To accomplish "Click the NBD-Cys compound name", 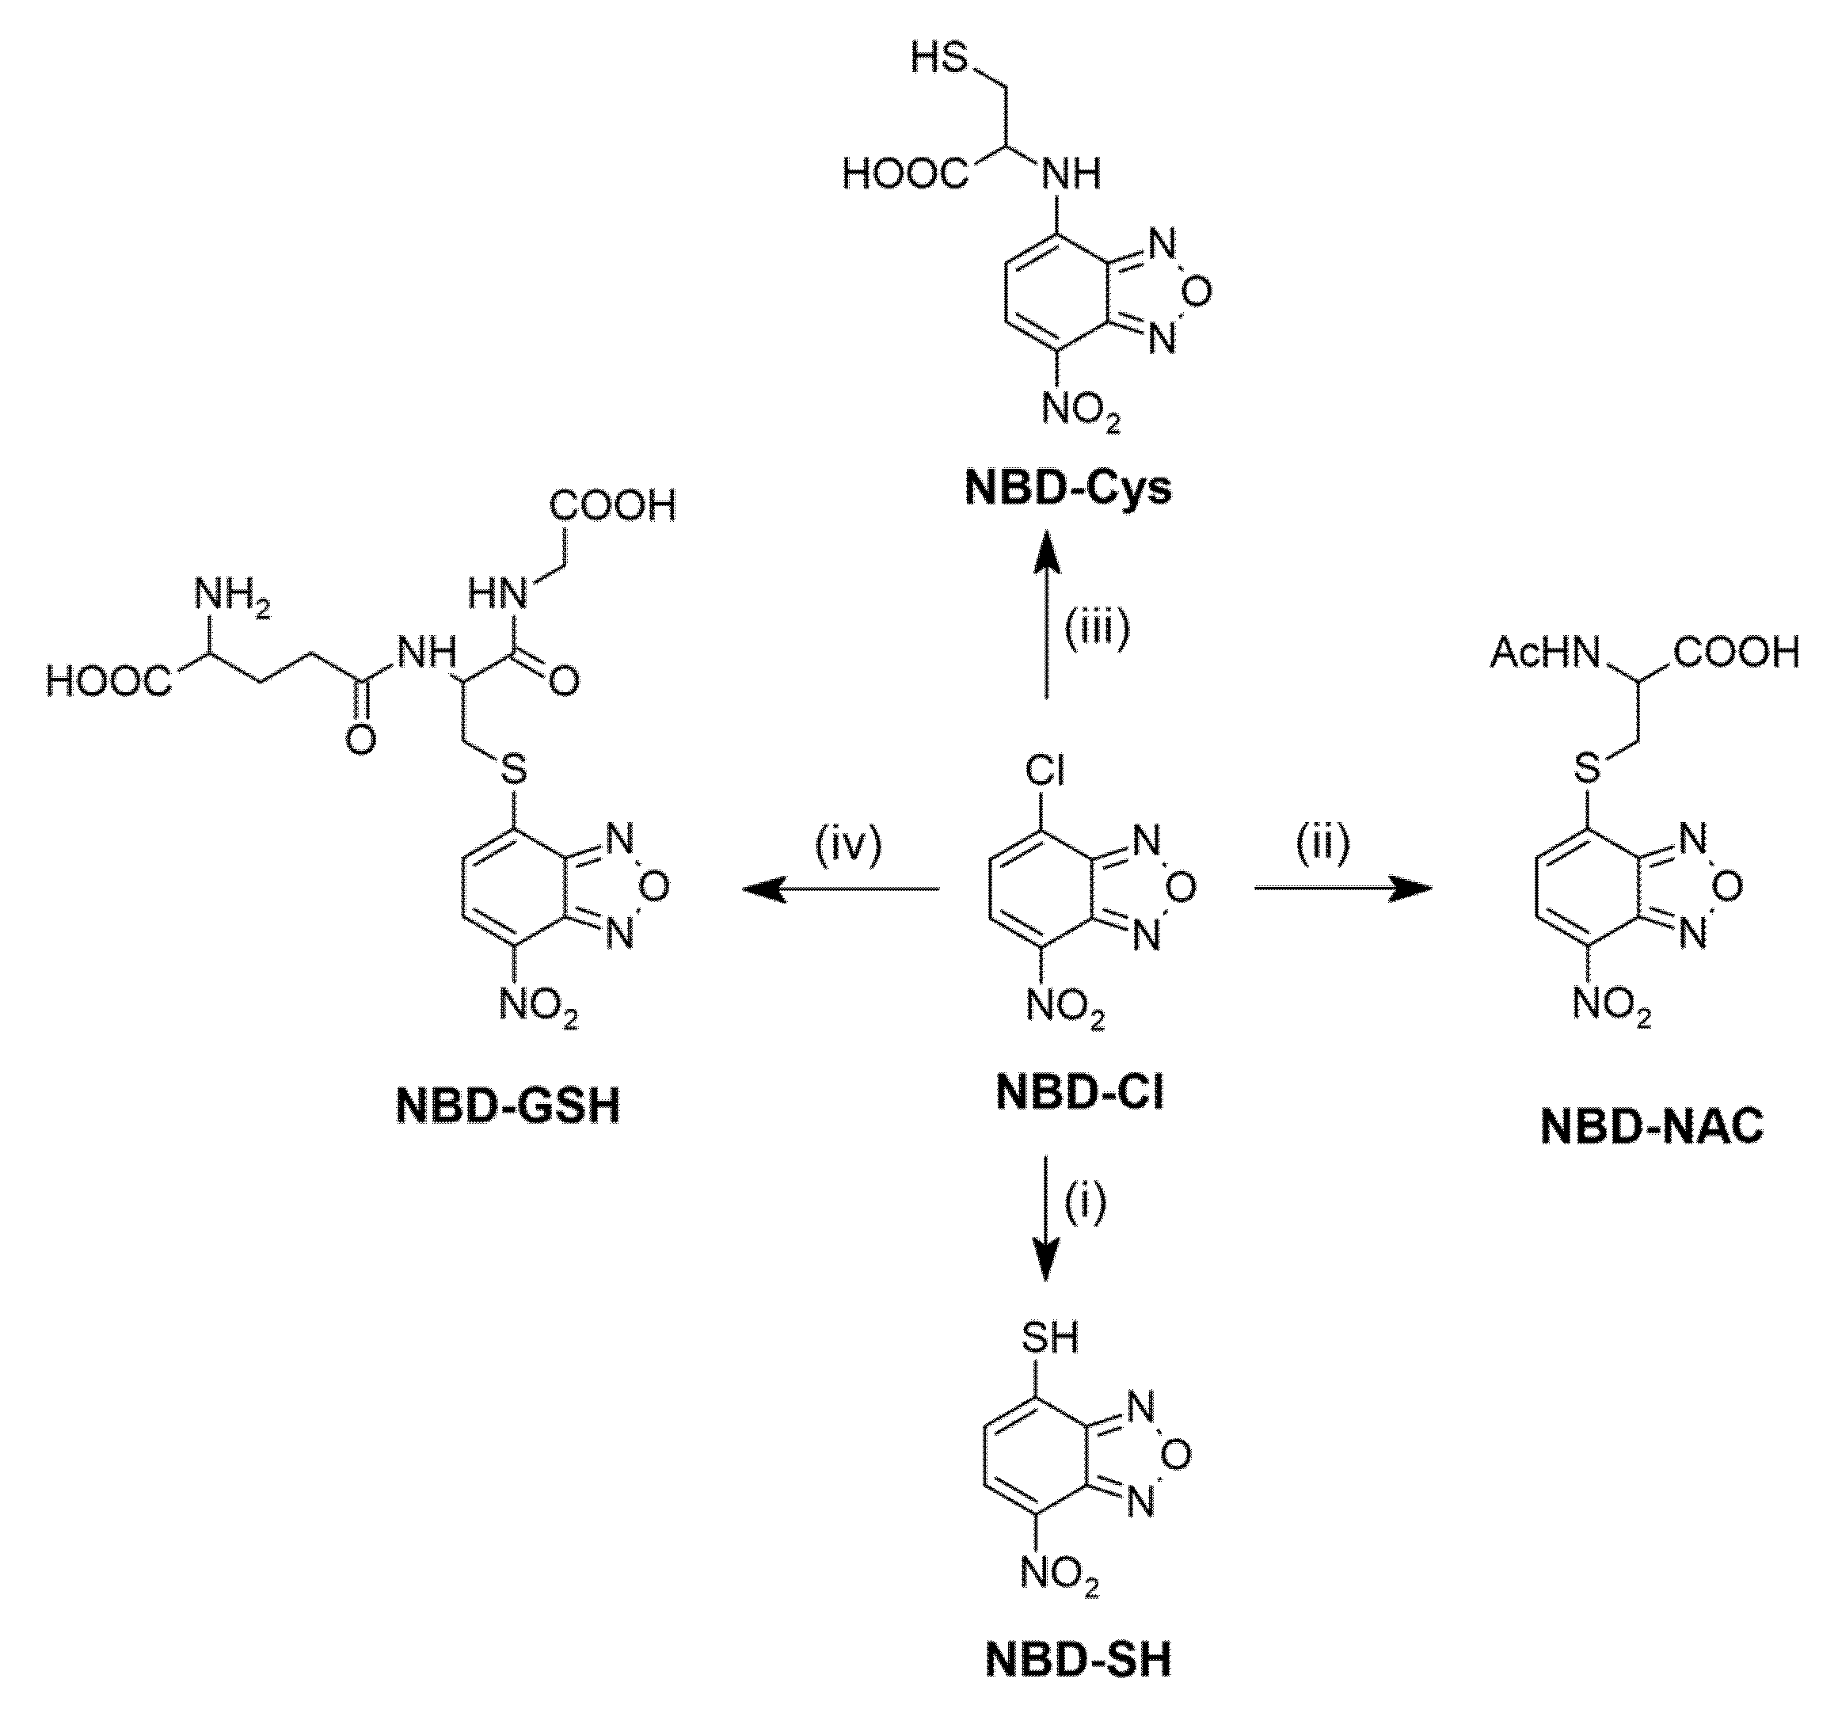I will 1067,487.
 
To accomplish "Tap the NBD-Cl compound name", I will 1079,1092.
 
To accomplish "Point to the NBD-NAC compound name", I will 1652,1126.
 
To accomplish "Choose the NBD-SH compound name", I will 1078,1659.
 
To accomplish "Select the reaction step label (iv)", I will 849,845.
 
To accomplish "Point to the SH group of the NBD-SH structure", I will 1049,1338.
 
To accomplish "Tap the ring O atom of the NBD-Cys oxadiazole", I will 1196,292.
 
